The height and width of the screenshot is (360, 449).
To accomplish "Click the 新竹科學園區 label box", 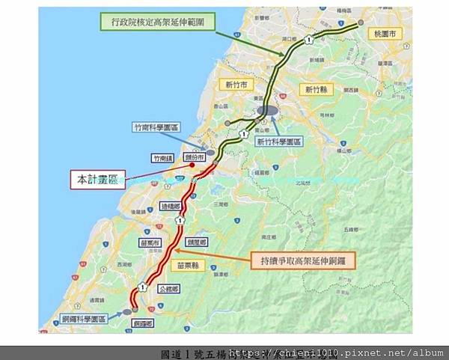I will coord(275,140).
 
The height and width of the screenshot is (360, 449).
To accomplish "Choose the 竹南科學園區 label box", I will coord(156,127).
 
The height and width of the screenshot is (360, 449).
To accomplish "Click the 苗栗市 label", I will coord(150,242).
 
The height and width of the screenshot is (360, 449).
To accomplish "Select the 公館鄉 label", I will coord(169,287).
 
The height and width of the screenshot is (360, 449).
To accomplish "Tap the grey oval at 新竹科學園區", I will coord(267,111).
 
